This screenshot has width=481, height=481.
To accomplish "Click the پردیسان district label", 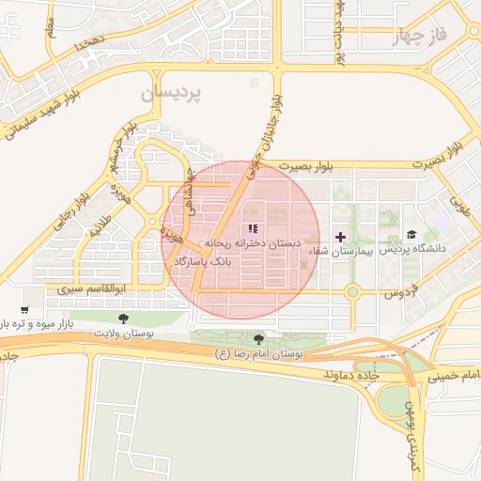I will (x=171, y=94).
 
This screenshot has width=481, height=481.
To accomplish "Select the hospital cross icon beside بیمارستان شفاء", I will (x=340, y=237).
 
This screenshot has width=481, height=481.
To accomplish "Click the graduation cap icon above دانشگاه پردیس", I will (x=411, y=235).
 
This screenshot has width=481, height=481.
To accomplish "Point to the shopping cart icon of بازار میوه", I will (x=24, y=309).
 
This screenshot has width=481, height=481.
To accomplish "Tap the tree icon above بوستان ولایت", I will (x=123, y=318).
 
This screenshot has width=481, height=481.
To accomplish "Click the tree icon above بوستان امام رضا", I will (x=258, y=339).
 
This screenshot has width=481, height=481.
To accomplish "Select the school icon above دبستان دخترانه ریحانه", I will (x=252, y=228).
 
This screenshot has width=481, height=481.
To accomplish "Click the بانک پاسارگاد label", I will (x=196, y=258).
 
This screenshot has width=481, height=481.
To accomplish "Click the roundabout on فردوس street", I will (x=352, y=293).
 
